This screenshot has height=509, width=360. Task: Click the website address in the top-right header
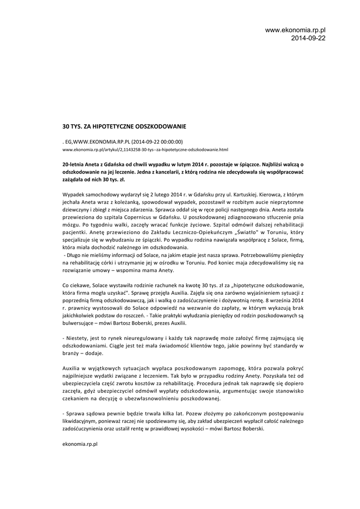(295, 31)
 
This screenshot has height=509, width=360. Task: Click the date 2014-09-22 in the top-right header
(308, 38)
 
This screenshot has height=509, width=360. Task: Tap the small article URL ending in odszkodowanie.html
(145, 149)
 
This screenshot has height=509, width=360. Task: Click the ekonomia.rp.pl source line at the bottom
(80, 443)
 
